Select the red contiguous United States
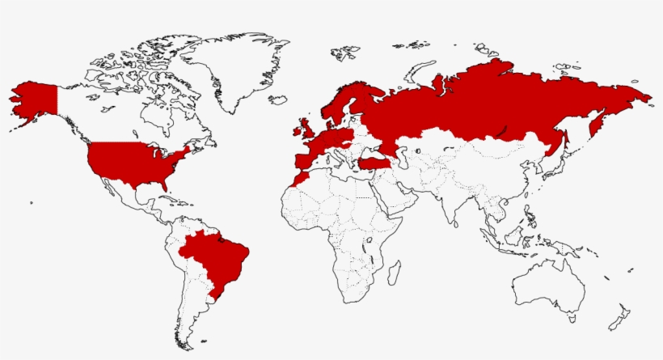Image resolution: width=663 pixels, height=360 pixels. pos(133,162)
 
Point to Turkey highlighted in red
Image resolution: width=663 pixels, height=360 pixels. pos(374,165)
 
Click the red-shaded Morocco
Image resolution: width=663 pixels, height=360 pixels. pos(298,180)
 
